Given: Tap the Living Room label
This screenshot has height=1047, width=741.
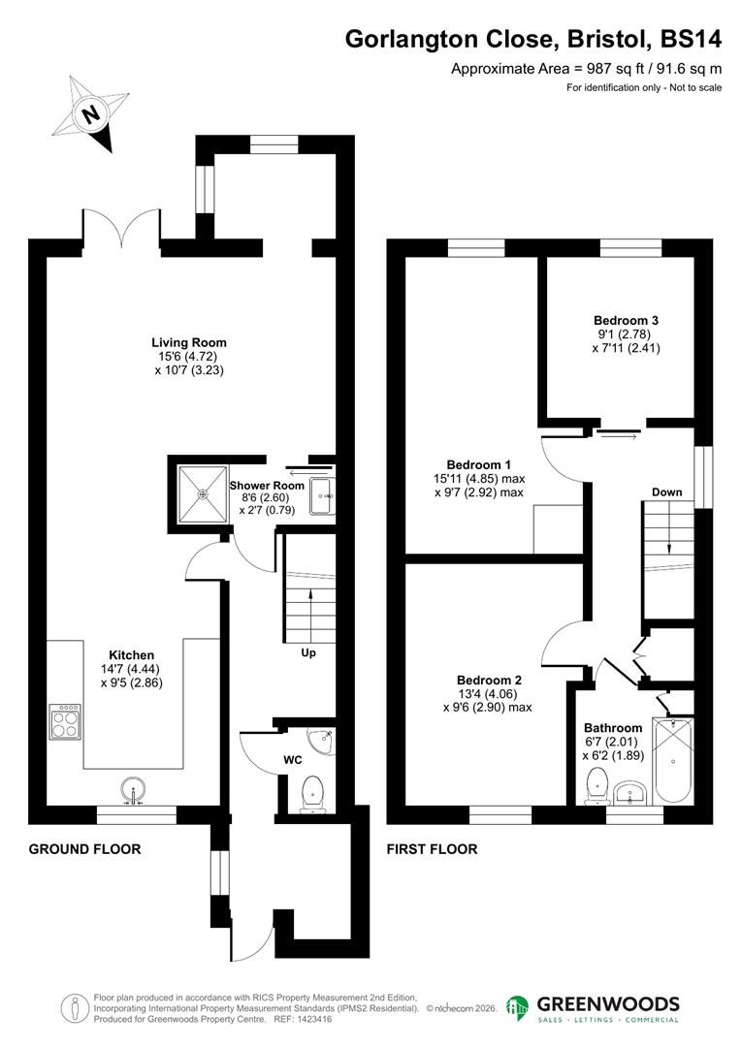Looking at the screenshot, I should click(x=189, y=342).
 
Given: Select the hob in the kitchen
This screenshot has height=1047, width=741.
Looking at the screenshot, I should click(x=65, y=720).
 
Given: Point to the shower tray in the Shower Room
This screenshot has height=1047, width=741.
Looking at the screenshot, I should click(x=203, y=494).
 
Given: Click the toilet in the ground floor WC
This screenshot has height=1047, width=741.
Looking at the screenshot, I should click(x=312, y=793).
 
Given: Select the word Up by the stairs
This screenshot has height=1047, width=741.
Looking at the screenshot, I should click(x=307, y=652).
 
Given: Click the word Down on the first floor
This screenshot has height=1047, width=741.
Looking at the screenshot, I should click(x=666, y=492).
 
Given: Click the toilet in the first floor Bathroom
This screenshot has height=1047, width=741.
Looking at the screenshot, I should click(x=596, y=783).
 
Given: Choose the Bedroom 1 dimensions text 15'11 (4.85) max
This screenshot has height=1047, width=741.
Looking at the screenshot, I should click(x=485, y=479).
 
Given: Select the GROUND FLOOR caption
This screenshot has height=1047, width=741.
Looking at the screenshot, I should click(x=84, y=849).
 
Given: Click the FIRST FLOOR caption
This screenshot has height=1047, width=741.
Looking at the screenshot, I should click(x=432, y=849).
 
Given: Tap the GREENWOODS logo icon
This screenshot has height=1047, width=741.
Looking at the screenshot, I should click(x=518, y=1008).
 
